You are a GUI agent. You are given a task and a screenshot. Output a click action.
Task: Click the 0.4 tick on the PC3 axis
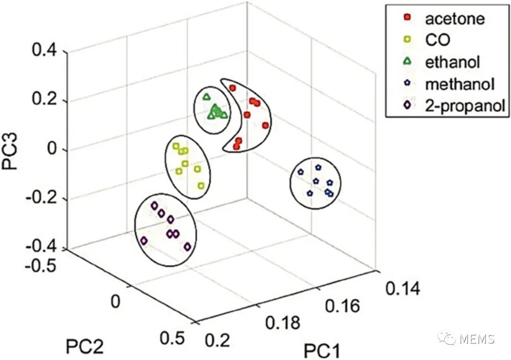point(45,51)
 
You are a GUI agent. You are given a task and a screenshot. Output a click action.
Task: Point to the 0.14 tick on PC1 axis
point(402,288)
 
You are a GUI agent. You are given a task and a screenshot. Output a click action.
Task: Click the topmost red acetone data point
point(232,88)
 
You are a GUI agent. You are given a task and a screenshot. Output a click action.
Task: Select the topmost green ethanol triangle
point(206,97)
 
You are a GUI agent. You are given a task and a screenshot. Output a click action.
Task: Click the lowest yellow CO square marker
point(201,186)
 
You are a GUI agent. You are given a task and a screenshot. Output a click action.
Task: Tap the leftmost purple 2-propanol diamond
point(144,241)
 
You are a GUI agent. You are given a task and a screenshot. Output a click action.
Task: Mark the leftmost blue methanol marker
point(300,173)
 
